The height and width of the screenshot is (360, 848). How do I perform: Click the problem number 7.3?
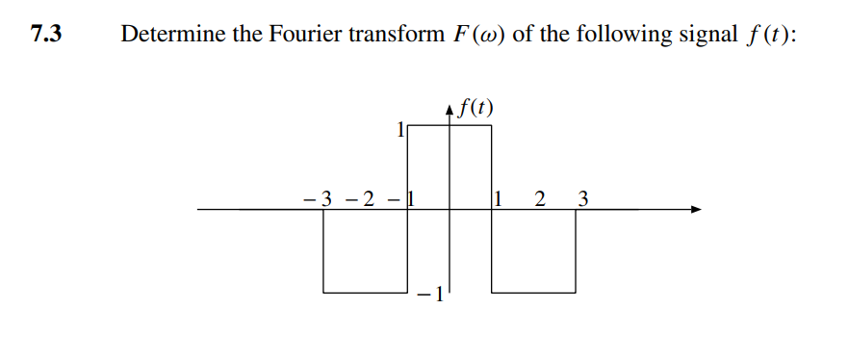click(46, 36)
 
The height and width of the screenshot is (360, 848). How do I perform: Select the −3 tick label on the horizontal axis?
click(319, 200)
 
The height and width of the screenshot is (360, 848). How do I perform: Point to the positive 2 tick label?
click(539, 200)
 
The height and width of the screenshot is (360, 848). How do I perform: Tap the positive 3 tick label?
click(581, 200)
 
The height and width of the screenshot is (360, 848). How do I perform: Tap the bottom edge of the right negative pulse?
click(533, 292)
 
